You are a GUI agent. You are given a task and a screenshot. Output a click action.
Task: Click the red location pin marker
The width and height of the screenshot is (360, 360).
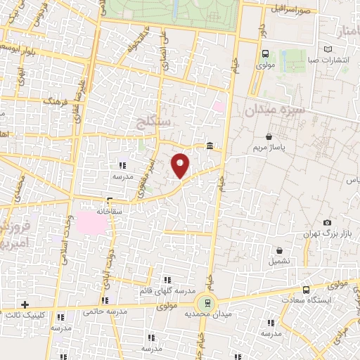[x=181, y=165]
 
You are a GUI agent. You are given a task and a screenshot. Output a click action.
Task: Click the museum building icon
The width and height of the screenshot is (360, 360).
[x=210, y=146]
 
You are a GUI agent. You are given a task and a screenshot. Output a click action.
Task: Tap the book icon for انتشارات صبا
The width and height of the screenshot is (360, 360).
[x=328, y=49]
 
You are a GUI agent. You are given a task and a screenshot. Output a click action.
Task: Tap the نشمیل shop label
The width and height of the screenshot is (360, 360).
[x=278, y=261]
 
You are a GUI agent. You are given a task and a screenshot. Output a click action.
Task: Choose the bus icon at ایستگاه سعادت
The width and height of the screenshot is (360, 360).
[x=306, y=289]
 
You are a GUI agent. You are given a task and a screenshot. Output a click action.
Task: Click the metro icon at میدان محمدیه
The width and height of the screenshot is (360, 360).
[x=207, y=302]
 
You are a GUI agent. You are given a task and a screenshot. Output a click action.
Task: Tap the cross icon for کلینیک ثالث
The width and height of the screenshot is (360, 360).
[x=25, y=304]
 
